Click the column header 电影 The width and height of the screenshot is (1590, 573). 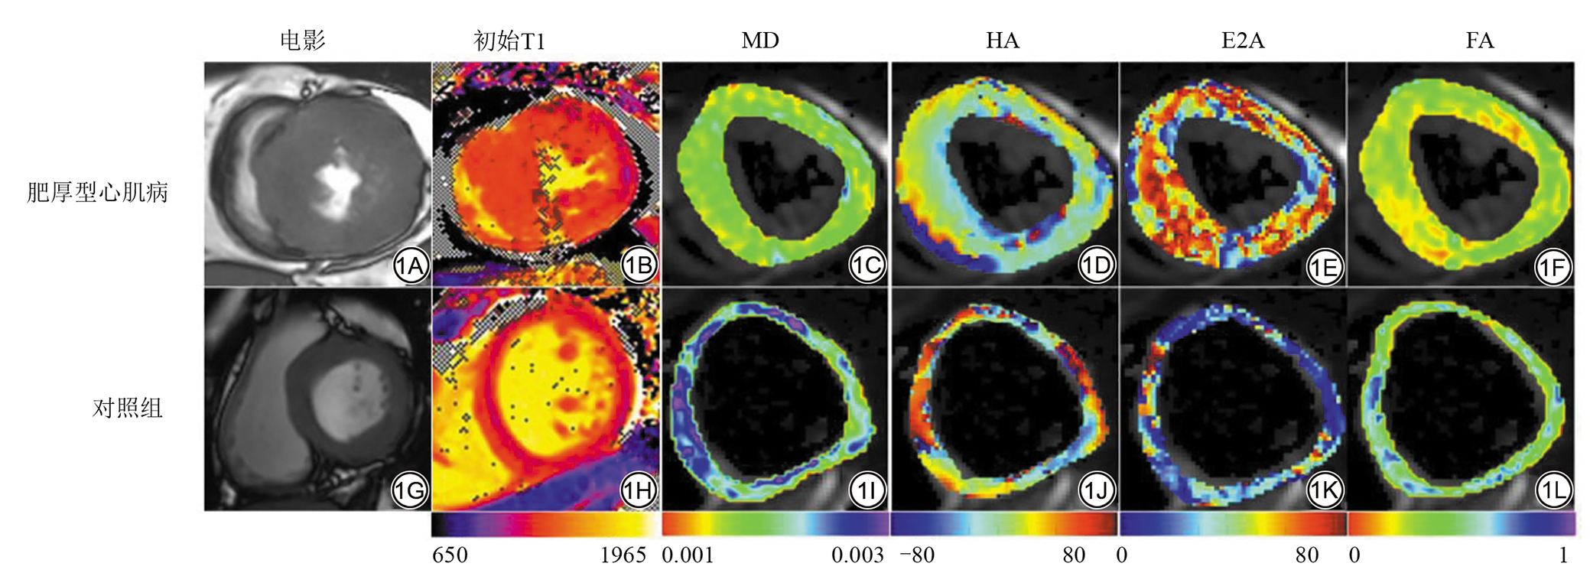click(x=302, y=41)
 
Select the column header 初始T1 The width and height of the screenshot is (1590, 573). click(x=509, y=41)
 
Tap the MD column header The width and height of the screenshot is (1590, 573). click(x=759, y=41)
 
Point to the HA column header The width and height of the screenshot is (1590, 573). click(x=1002, y=41)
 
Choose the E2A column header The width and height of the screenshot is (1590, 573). click(x=1242, y=41)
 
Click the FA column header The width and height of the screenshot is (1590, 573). click(x=1479, y=41)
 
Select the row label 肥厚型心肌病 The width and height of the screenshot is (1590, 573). click(x=97, y=192)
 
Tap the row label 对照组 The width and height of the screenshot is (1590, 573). click(x=127, y=408)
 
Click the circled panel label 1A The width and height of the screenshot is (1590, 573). click(x=411, y=266)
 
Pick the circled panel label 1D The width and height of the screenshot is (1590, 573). click(x=1097, y=266)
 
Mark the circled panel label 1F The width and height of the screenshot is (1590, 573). click(x=1553, y=266)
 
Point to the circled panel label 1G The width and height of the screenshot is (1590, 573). click(x=411, y=490)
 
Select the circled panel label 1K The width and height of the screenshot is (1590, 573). click(x=1325, y=490)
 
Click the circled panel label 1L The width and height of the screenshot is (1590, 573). click(x=1553, y=490)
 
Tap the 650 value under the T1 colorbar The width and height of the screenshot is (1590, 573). click(x=450, y=555)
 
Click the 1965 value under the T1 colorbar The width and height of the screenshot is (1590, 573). click(x=623, y=555)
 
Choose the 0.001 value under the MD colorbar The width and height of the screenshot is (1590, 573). click(x=688, y=555)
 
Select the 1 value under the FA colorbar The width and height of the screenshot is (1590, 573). click(x=1563, y=555)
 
